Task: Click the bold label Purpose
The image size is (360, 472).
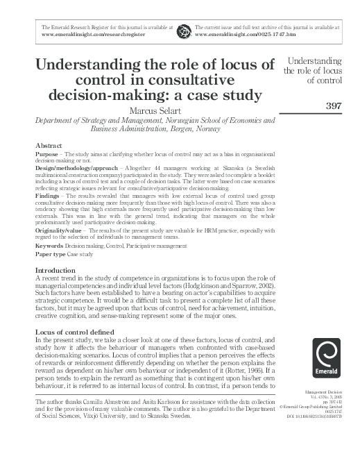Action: coord(47,153)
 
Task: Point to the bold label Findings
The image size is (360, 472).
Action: coord(49,196)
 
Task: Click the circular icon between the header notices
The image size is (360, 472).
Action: coord(183,31)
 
